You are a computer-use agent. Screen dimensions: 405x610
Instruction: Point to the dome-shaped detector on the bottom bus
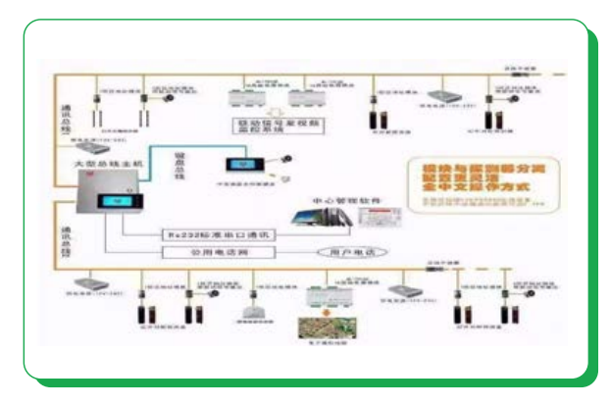coord(249,311)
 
